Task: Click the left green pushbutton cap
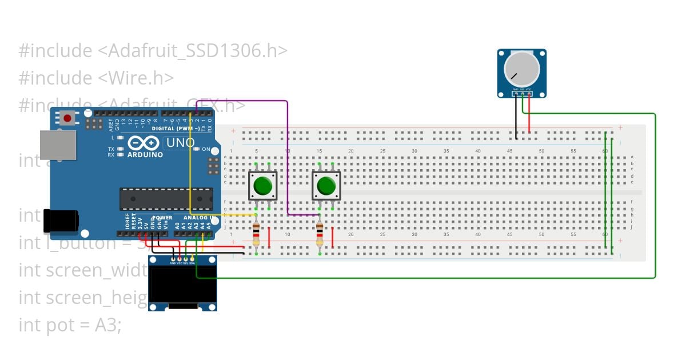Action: click(x=262, y=186)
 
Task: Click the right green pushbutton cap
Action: click(x=326, y=186)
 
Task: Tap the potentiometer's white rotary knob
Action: click(x=521, y=69)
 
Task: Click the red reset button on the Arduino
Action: click(x=67, y=118)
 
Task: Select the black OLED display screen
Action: click(x=182, y=284)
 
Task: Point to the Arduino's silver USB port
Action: click(x=57, y=145)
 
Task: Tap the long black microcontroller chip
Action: click(x=166, y=198)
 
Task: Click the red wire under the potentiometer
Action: click(x=529, y=114)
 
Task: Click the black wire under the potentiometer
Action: click(x=516, y=117)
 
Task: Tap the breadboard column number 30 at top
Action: click(x=414, y=151)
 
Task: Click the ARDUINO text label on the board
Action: click(x=145, y=154)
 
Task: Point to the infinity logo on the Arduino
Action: click(x=141, y=143)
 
